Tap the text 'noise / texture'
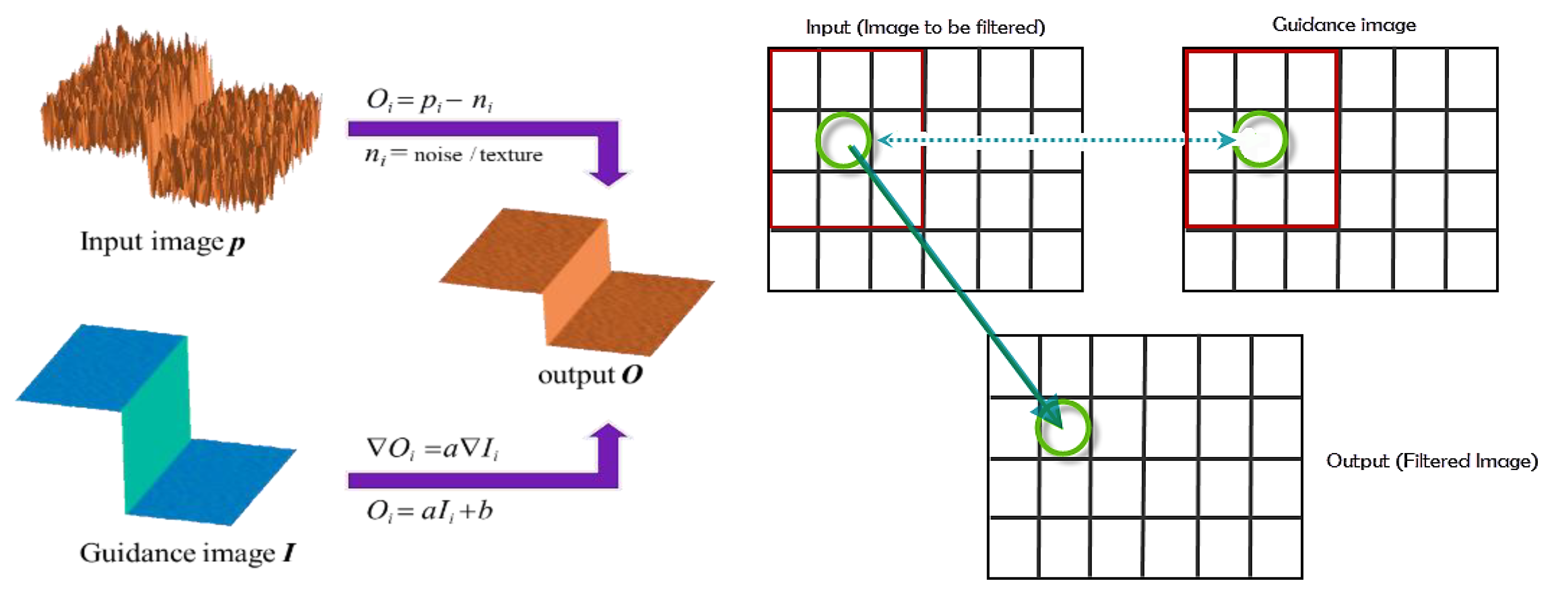(477, 155)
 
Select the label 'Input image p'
(162, 242)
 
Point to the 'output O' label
(590, 375)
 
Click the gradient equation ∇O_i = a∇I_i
(432, 448)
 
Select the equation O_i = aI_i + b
(429, 511)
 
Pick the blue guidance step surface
(156, 421)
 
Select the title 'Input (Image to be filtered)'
(925, 28)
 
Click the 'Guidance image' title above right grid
(1344, 25)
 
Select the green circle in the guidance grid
(1260, 139)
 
